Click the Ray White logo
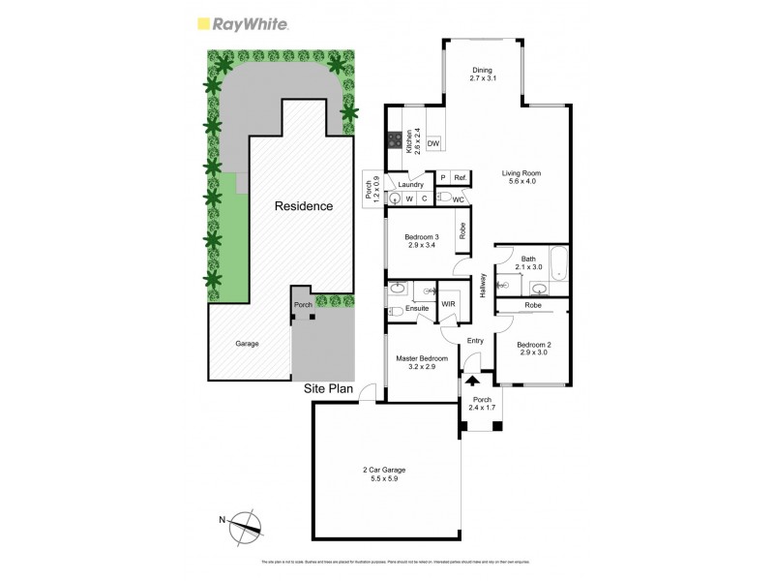point(242,24)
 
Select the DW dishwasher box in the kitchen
point(433,143)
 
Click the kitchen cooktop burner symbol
point(395,139)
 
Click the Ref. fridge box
point(461,178)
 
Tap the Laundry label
point(411,184)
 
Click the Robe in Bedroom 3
point(463,230)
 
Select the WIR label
point(448,304)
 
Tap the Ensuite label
point(416,309)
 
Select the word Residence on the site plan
point(304,206)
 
